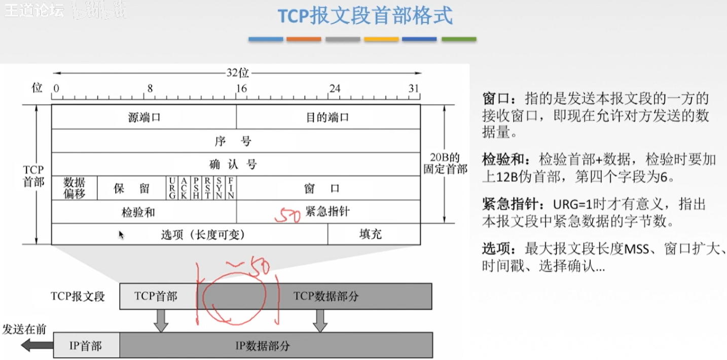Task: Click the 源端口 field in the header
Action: coord(144,117)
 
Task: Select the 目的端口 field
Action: coord(328,117)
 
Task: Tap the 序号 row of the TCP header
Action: coord(236,141)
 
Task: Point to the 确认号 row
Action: coord(236,164)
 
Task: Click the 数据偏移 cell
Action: coord(75,188)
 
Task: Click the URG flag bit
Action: coord(172,188)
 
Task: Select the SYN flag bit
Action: coord(219,188)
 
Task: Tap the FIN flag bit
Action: coord(231,188)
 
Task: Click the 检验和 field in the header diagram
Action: coord(138,212)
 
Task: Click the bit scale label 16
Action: coord(241,89)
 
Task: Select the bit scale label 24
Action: coord(335,89)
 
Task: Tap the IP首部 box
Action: coord(86,346)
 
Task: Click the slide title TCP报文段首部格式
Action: coord(365,16)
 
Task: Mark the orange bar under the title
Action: coord(304,39)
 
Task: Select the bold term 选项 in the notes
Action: coord(496,249)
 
